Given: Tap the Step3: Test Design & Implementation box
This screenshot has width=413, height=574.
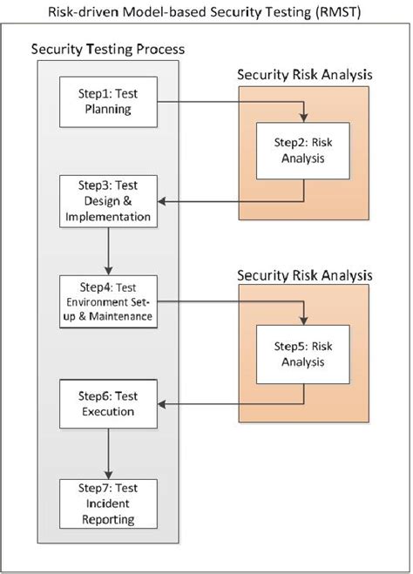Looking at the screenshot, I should point(108,201).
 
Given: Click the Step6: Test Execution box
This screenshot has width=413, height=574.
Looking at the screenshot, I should point(108,403).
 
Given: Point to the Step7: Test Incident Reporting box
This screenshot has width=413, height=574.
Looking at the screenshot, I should point(108,503).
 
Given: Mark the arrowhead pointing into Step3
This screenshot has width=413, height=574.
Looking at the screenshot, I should point(164,202).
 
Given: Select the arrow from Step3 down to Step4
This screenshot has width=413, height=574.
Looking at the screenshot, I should point(108,251).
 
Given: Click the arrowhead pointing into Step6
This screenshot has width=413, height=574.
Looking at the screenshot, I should point(164,404).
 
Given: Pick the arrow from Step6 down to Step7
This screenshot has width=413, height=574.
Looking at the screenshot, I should point(108,453).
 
